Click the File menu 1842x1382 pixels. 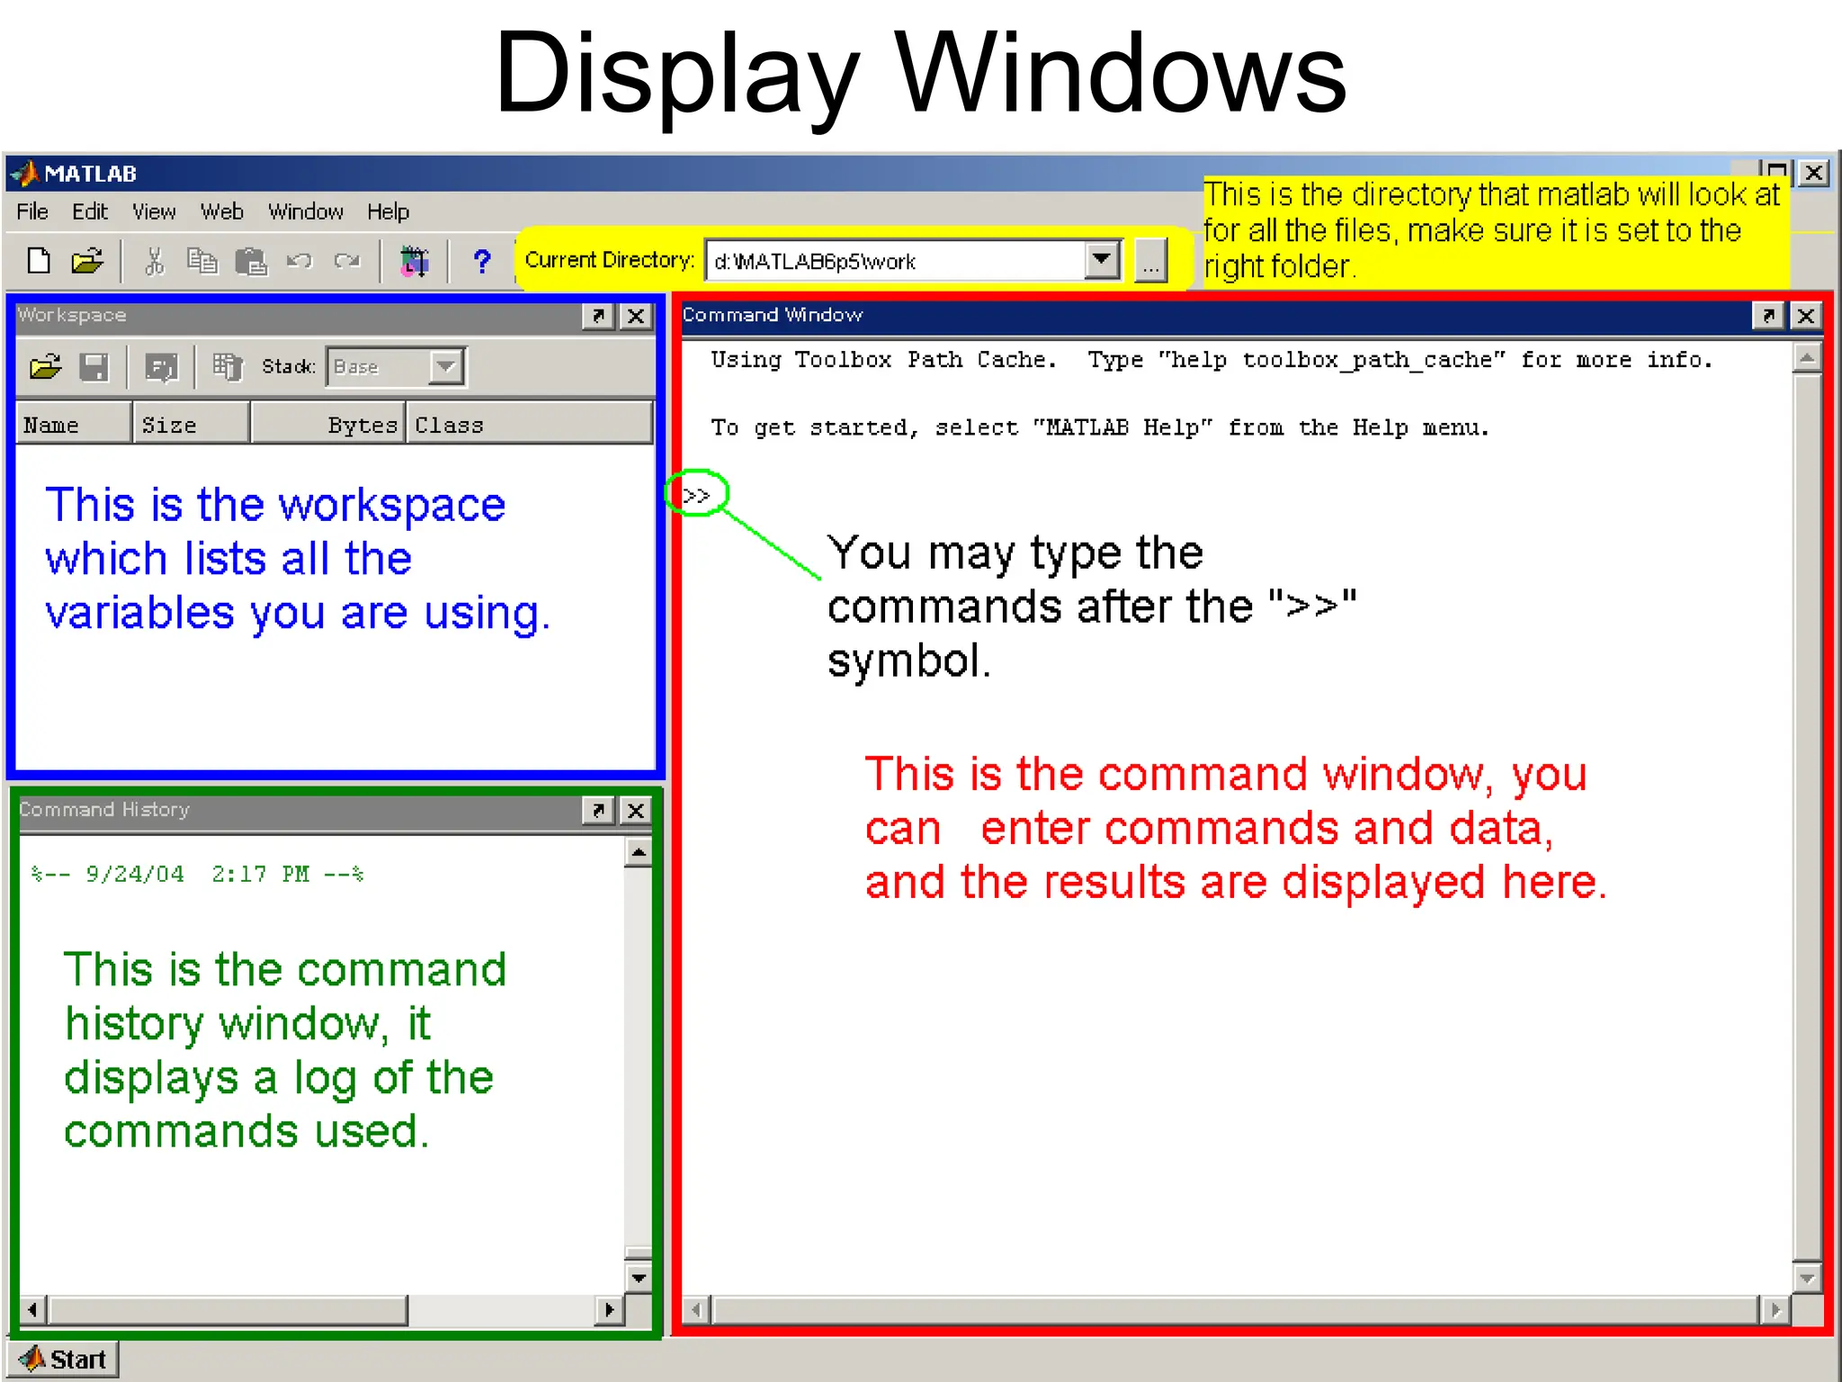click(32, 212)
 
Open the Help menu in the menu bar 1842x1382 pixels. click(388, 212)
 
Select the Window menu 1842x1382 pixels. click(306, 212)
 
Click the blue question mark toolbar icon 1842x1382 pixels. click(482, 262)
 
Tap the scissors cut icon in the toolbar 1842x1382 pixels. click(155, 262)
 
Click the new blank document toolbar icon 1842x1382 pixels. click(39, 262)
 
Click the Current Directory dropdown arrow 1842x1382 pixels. click(1102, 261)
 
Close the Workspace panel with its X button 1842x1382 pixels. click(636, 317)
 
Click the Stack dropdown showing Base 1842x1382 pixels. click(396, 367)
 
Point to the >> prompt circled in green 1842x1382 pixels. click(696, 495)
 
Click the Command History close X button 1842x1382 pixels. click(636, 811)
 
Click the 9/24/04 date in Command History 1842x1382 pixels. click(135, 875)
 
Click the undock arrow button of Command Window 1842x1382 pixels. click(1768, 316)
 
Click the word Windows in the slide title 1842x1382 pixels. click(1120, 74)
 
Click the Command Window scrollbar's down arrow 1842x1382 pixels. click(1807, 1279)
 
